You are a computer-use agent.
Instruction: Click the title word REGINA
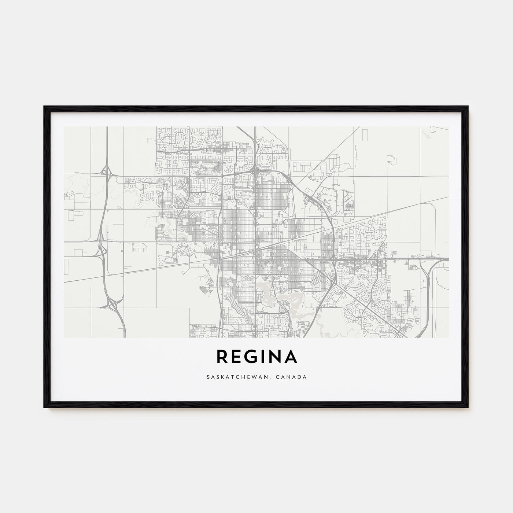point(256,357)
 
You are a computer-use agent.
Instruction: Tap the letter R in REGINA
point(222,357)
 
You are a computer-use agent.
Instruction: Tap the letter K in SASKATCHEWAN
point(218,376)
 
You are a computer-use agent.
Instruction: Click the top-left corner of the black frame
point(44,106)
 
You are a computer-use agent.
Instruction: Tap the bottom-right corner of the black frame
point(468,409)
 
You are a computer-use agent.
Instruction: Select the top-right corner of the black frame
point(468,106)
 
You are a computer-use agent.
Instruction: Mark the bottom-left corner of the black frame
point(44,409)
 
